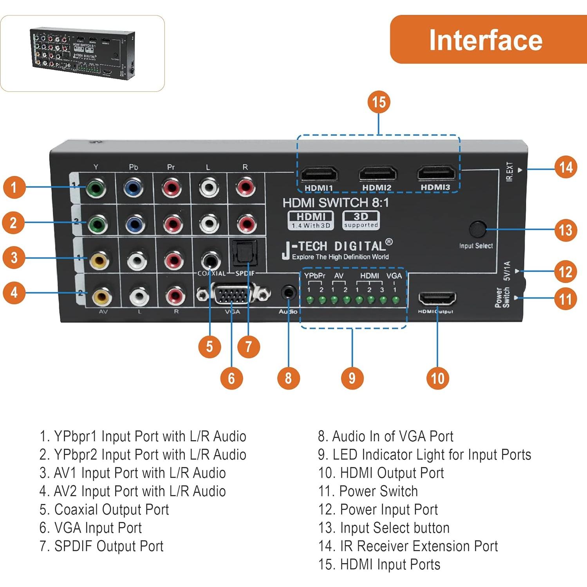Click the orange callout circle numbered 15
pos(379,102)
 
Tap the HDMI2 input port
pos(377,173)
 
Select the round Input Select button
pos(477,229)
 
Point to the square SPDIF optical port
pos(245,253)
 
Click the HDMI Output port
pos(437,300)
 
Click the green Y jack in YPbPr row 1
pos(96,188)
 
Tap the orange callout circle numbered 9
pos(352,378)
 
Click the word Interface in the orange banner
pos(486,40)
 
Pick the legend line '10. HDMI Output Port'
pos(381,473)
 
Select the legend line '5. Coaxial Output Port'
pos(104,509)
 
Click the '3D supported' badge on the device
pos(361,220)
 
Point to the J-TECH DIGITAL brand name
pos(337,246)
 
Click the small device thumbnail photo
pos(83,53)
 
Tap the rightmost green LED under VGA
pos(396,300)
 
